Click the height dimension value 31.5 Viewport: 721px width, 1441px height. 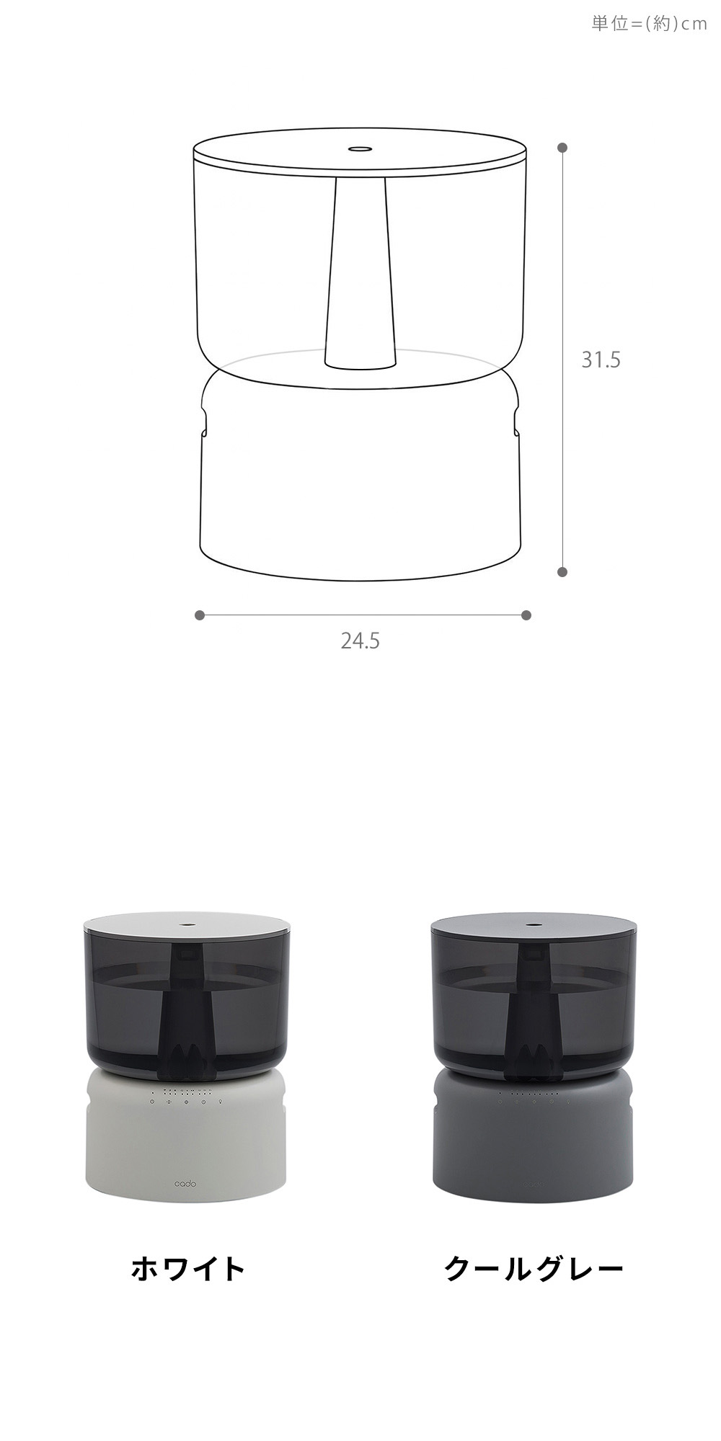pos(601,360)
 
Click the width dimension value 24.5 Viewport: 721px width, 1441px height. pos(360,641)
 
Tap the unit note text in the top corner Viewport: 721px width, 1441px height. pos(649,24)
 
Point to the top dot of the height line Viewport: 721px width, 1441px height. pos(562,147)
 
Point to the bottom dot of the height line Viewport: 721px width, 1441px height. pos(562,572)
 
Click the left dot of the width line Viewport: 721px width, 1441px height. pos(200,615)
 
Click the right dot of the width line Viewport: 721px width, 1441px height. pos(526,615)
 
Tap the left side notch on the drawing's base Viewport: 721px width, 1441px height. pos(204,424)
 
